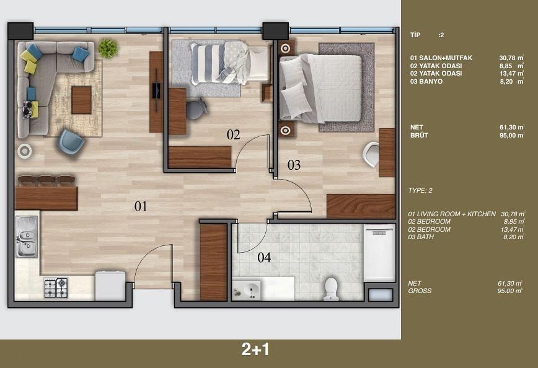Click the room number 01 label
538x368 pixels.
click(x=141, y=206)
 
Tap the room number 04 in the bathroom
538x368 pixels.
click(x=264, y=257)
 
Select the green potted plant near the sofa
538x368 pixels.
click(x=108, y=48)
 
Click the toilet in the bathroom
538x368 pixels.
click(x=331, y=289)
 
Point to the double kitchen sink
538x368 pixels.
click(x=27, y=237)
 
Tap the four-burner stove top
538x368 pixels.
click(x=56, y=287)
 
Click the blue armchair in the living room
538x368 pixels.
click(x=71, y=143)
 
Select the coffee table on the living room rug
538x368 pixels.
click(x=81, y=100)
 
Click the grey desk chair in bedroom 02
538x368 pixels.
click(x=196, y=108)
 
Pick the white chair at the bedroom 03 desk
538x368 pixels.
click(x=371, y=154)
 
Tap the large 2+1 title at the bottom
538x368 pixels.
click(x=255, y=349)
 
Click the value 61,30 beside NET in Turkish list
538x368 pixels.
click(x=507, y=127)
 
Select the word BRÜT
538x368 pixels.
click(x=419, y=135)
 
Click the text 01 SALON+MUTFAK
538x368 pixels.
click(x=441, y=58)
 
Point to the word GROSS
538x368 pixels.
click(x=420, y=291)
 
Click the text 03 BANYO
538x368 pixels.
click(x=426, y=82)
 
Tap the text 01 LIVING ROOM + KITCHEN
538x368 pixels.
click(x=452, y=214)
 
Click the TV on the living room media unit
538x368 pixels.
click(x=156, y=90)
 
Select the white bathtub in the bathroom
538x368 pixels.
click(x=380, y=253)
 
